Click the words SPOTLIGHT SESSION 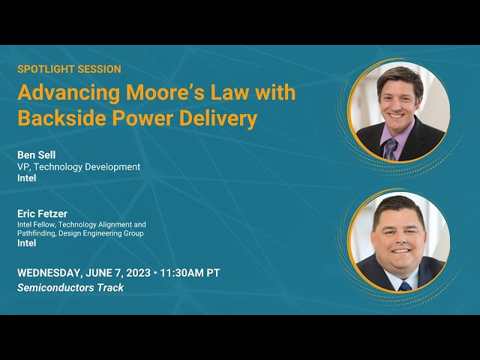[x=69, y=69]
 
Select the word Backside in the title [x=61, y=118]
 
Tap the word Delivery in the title [x=217, y=119]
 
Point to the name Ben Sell [x=37, y=155]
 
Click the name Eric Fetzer [x=42, y=214]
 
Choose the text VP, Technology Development [x=79, y=166]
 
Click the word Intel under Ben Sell [x=27, y=178]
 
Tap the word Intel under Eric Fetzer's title [x=27, y=243]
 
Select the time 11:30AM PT [x=190, y=273]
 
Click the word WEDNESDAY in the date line [x=50, y=273]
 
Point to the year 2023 [x=138, y=273]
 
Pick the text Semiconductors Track [x=70, y=287]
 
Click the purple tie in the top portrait [x=390, y=148]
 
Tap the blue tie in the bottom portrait [x=405, y=286]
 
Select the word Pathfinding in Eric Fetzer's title [x=37, y=233]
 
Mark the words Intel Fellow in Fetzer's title [x=37, y=224]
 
